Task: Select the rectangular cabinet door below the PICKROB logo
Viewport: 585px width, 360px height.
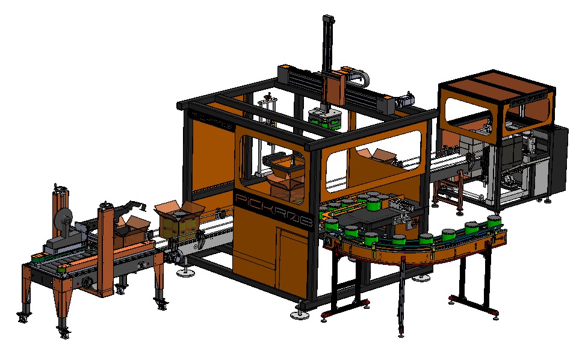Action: coord(294,257)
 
